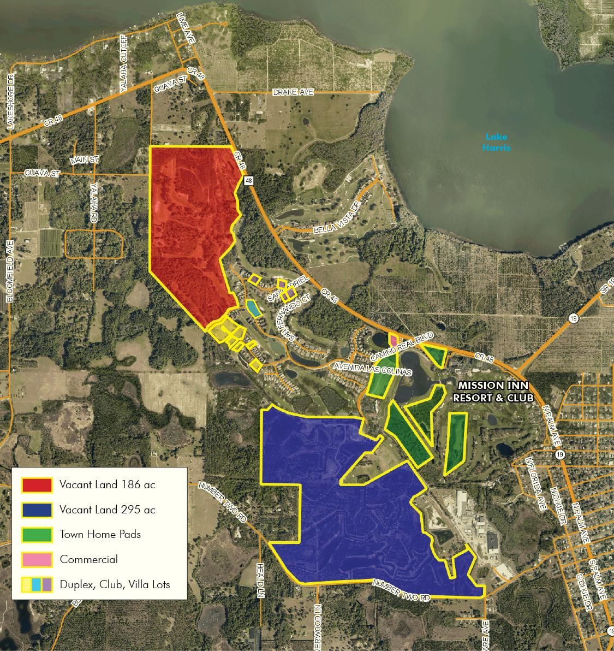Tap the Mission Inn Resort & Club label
(x=493, y=392)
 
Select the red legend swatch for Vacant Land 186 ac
(x=37, y=484)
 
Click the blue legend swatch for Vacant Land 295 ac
(x=37, y=510)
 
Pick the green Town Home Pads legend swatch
(x=37, y=534)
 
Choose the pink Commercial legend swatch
(x=37, y=559)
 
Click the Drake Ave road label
(x=293, y=93)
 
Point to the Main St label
(x=84, y=160)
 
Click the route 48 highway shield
(x=249, y=180)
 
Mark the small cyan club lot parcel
(x=253, y=309)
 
